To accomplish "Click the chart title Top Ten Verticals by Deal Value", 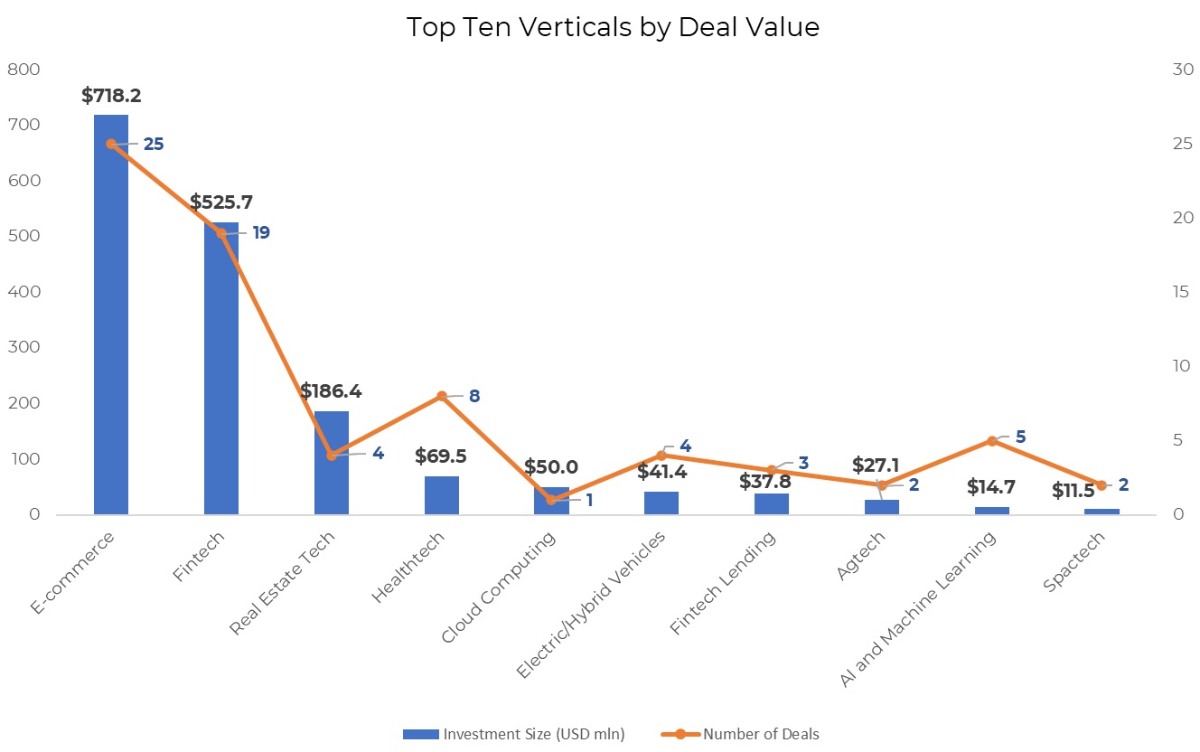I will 613,27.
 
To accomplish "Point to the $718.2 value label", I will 111,96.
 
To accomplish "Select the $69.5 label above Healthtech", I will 441,456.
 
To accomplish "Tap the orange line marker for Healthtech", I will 442,396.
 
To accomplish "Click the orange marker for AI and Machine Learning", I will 991,441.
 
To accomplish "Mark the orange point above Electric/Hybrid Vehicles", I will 661,456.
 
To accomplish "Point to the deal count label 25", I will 154,144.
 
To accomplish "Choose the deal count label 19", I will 261,233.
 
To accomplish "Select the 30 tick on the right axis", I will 1182,70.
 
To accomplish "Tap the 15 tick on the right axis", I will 1182,292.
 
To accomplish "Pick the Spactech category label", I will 1074,562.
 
